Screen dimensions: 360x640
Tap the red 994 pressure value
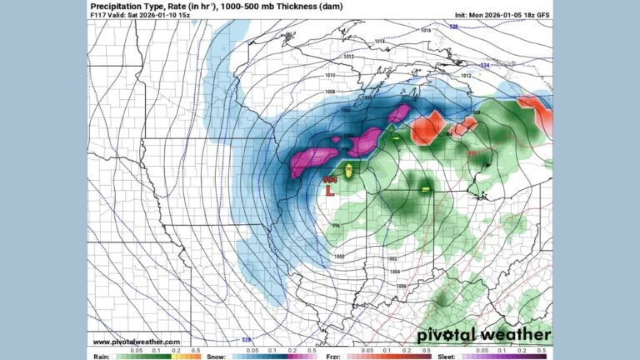coord(331,177)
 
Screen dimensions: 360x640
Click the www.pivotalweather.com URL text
coord(137,341)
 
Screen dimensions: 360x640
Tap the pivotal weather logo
coord(483,335)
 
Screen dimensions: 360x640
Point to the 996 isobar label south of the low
coord(336,225)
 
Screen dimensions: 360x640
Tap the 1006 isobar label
coord(400,286)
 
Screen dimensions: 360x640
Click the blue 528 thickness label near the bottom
coord(246,339)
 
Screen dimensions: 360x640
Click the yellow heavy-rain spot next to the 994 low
coord(349,170)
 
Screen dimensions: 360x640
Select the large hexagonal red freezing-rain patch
coord(429,127)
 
